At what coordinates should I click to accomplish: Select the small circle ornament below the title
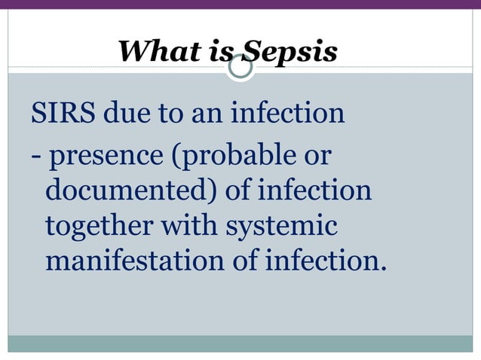pos(240,69)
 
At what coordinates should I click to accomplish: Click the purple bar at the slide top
pos(240,4)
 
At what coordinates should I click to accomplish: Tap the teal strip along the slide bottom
pos(240,343)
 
